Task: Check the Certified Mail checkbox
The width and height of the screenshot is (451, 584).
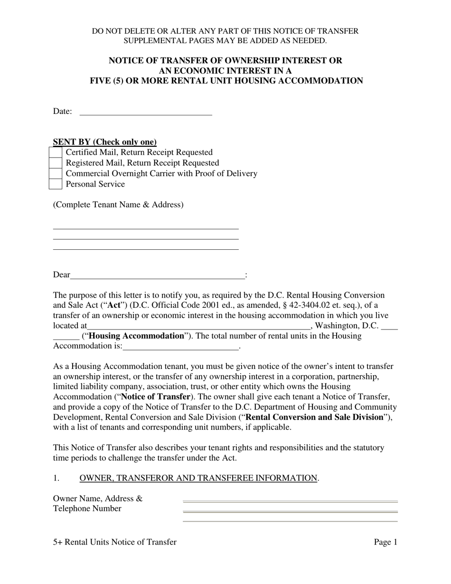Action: (x=56, y=152)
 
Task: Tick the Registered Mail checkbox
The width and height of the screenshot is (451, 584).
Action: (x=56, y=163)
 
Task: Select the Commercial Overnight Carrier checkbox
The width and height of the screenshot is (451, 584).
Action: (x=56, y=173)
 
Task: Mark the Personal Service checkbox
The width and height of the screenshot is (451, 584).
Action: (x=56, y=184)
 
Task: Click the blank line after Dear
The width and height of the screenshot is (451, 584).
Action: (x=157, y=275)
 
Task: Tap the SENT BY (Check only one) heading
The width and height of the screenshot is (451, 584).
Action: (x=104, y=142)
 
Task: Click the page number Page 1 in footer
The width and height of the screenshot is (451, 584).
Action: (x=385, y=542)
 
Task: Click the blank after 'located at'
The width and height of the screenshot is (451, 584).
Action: (x=198, y=326)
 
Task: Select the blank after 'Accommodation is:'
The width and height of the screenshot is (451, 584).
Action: (x=180, y=346)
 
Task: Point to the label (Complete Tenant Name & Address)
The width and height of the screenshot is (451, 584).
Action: (x=118, y=205)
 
